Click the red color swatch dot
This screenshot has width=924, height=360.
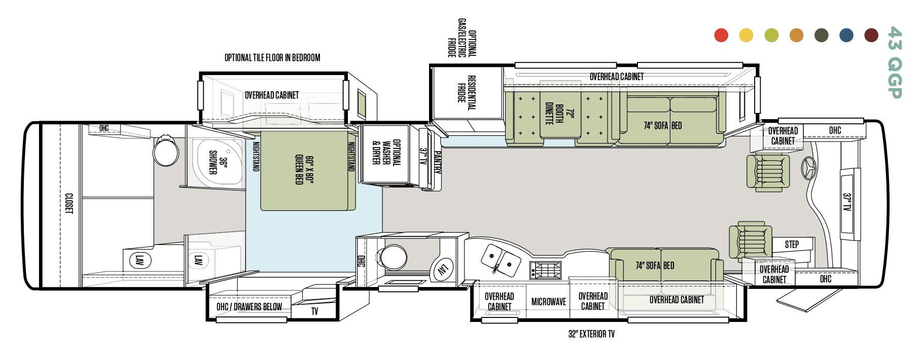[721, 35]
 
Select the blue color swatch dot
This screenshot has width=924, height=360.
[846, 35]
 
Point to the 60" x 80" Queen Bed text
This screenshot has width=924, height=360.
[304, 170]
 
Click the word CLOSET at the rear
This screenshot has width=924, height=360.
[69, 203]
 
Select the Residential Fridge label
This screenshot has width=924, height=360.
[466, 92]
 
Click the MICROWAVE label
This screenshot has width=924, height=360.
[548, 302]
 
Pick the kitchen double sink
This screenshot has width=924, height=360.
[501, 260]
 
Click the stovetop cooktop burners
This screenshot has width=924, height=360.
[546, 270]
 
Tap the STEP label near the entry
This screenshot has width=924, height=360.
[792, 244]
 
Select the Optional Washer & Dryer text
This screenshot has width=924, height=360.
[386, 153]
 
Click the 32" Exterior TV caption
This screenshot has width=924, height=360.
[591, 334]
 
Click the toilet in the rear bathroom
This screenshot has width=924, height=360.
[166, 151]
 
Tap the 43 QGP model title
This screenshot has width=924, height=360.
[895, 62]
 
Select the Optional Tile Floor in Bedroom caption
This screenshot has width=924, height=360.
[272, 58]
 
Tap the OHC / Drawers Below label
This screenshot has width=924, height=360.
[249, 307]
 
